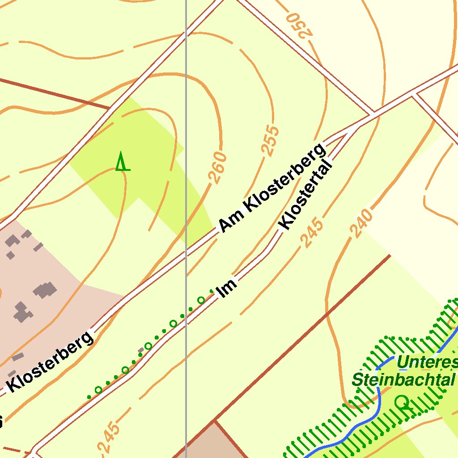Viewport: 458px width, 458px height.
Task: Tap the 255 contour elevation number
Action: coord(270,140)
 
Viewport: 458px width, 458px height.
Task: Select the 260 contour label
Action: coord(218,168)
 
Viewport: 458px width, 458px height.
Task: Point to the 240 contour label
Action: coord(361,223)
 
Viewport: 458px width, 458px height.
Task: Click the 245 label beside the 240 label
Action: coord(312,232)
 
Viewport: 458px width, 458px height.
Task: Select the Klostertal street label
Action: coord(306,196)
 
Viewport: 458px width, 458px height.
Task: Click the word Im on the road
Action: coord(226,288)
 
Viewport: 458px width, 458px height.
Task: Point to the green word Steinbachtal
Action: coord(403,380)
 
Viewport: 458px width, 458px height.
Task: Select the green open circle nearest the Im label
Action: coord(201,300)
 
